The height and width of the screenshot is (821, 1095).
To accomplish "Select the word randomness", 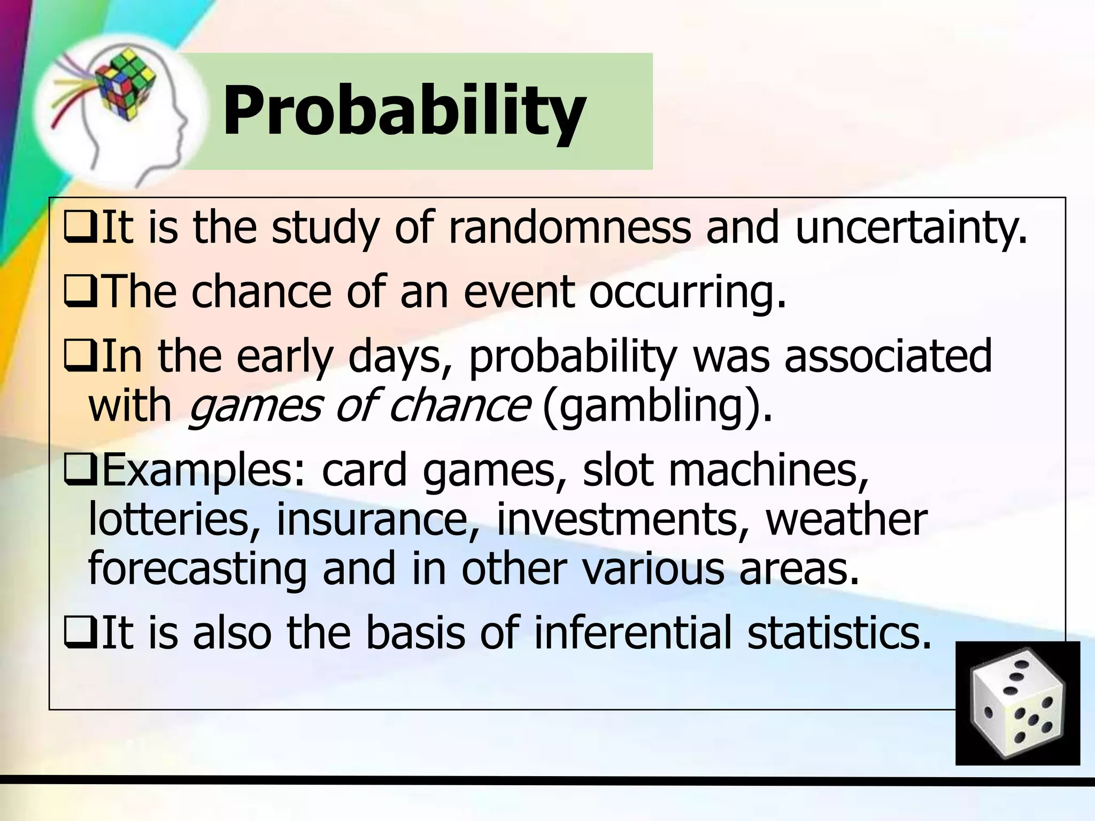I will coord(569,228).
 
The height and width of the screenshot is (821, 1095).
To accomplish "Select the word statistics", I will coord(839,633).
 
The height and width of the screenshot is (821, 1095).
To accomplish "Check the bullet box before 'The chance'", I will coord(80,293).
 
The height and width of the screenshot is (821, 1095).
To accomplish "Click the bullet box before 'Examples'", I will coord(80,470).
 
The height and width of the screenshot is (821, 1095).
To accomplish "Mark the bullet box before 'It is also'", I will coord(80,633).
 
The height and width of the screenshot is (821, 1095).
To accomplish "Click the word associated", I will coord(888,356).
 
